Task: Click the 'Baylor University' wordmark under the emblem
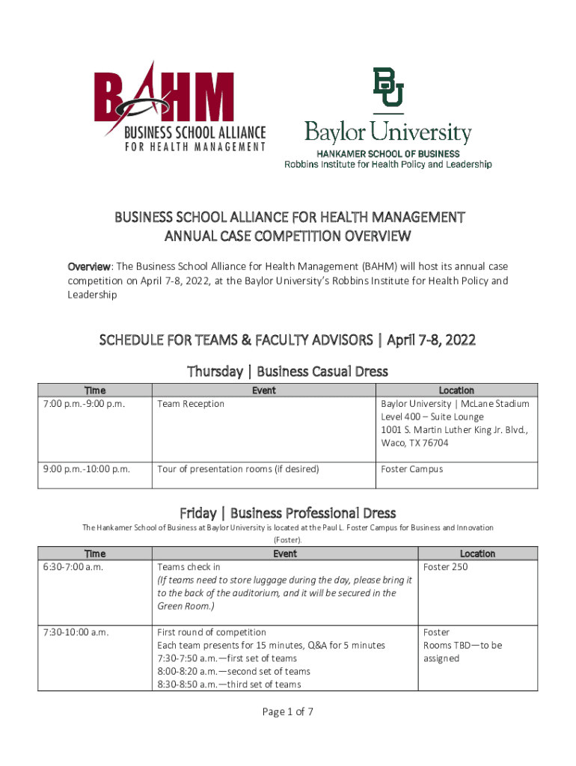[x=387, y=134]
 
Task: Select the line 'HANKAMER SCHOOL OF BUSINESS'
[x=387, y=153]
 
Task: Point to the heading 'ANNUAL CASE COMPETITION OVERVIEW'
[x=288, y=238]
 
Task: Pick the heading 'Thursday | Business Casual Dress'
[x=288, y=371]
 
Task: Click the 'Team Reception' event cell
[x=191, y=404]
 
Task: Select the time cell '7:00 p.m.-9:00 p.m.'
[x=84, y=404]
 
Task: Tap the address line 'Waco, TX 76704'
[x=414, y=443]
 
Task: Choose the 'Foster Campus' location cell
[x=412, y=469]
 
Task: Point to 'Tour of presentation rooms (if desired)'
[x=238, y=469]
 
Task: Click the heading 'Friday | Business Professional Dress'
[x=288, y=512]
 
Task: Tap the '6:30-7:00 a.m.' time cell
[x=73, y=567]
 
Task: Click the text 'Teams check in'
[x=189, y=567]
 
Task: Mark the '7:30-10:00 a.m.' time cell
[x=76, y=632]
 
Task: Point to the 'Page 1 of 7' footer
[x=288, y=711]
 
